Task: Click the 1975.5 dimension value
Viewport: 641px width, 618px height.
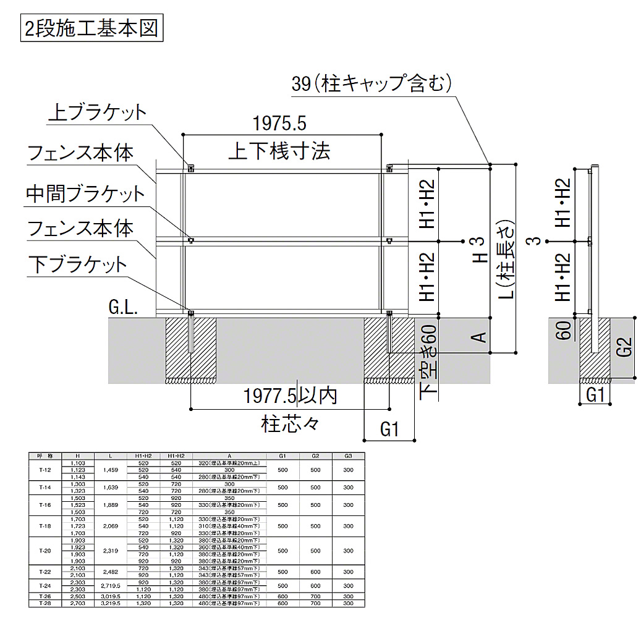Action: [280, 124]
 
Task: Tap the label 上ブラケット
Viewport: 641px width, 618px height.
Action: [98, 112]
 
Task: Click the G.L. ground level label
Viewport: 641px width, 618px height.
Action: [124, 308]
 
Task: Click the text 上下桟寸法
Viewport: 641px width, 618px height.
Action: [279, 150]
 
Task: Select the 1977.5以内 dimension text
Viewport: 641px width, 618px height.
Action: [291, 396]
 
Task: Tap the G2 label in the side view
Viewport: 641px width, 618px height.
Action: [624, 347]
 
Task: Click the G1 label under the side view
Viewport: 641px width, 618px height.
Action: [595, 394]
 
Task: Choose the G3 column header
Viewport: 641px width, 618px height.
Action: [348, 456]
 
